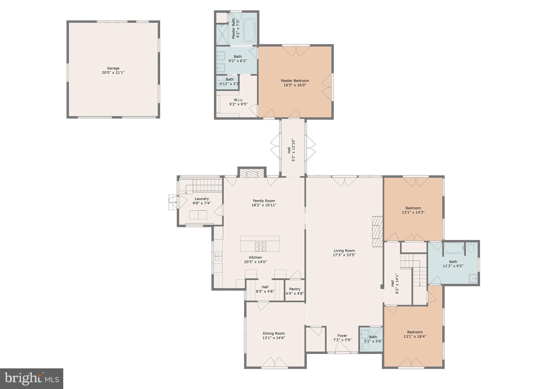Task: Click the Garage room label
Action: [113, 68]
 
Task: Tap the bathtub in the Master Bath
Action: [249, 30]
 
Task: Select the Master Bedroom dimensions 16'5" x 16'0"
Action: [295, 85]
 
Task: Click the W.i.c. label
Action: [238, 100]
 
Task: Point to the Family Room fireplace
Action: [252, 174]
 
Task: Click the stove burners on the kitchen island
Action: [260, 246]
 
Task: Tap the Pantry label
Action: [295, 289]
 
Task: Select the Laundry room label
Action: [202, 199]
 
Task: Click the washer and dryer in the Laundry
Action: [198, 215]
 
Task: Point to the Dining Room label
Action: [274, 333]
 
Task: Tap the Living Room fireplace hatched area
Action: [377, 231]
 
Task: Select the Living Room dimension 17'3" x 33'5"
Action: [344, 255]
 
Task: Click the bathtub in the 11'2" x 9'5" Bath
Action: [454, 248]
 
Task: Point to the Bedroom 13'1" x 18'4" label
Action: [415, 332]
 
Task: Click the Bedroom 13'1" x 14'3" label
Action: [413, 208]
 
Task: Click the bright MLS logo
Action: [31, 378]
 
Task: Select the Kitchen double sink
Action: [218, 256]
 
